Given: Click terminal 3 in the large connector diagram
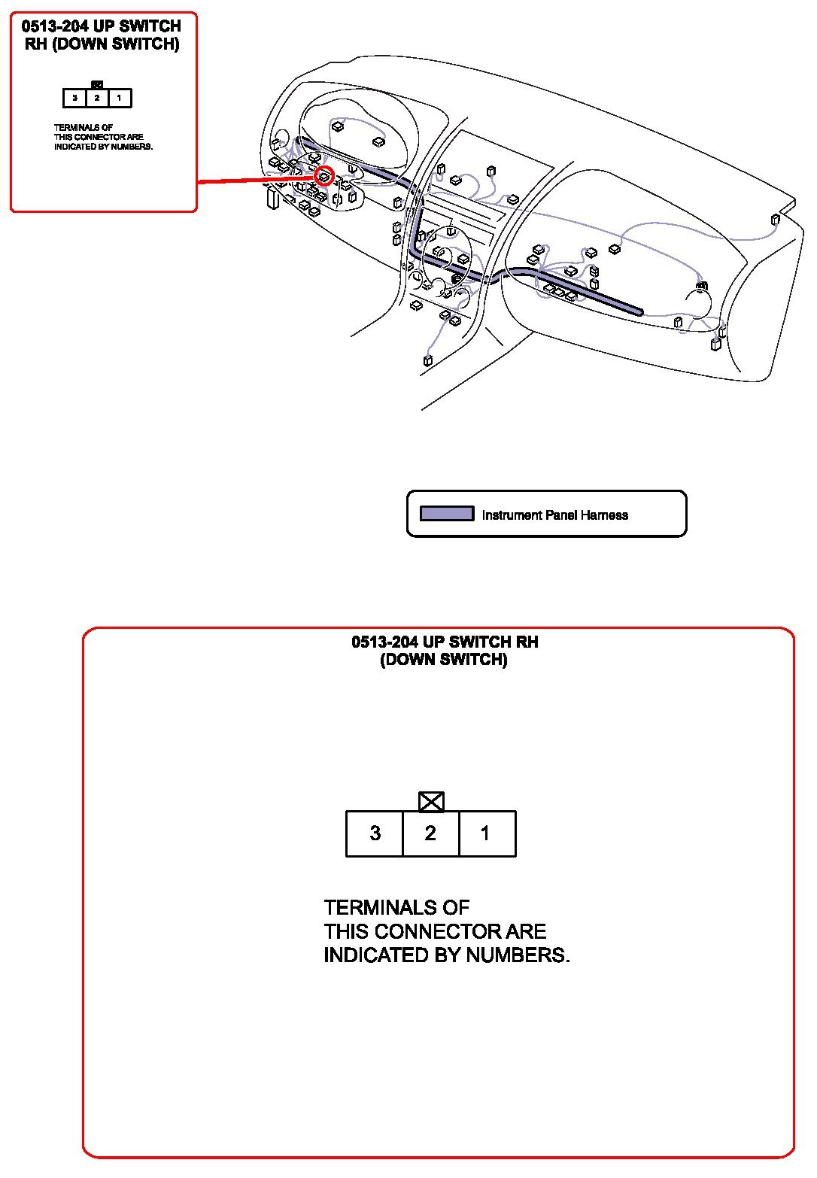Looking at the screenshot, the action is pyautogui.click(x=375, y=833).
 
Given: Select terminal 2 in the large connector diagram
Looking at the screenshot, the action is pyautogui.click(x=430, y=833).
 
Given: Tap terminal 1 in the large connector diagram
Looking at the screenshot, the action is pyautogui.click(x=486, y=833).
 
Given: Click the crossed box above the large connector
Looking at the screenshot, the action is pyautogui.click(x=431, y=802).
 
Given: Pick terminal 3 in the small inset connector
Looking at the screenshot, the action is pyautogui.click(x=74, y=98).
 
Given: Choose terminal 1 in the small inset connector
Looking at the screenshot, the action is pyautogui.click(x=119, y=98).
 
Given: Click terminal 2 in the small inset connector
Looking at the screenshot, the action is pyautogui.click(x=97, y=98).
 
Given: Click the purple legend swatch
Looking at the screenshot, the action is pyautogui.click(x=447, y=514).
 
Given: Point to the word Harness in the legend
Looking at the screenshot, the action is pyautogui.click(x=605, y=515).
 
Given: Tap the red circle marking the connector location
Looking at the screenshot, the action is pyautogui.click(x=323, y=177).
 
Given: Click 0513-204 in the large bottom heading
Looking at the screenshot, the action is pyautogui.click(x=384, y=642).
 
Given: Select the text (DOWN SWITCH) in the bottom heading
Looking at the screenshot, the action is pyautogui.click(x=444, y=660).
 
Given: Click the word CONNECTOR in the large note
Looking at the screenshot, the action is pyautogui.click(x=439, y=931).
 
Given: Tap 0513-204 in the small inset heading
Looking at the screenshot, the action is pyautogui.click(x=53, y=26).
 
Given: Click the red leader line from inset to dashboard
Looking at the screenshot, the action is pyautogui.click(x=256, y=180).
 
